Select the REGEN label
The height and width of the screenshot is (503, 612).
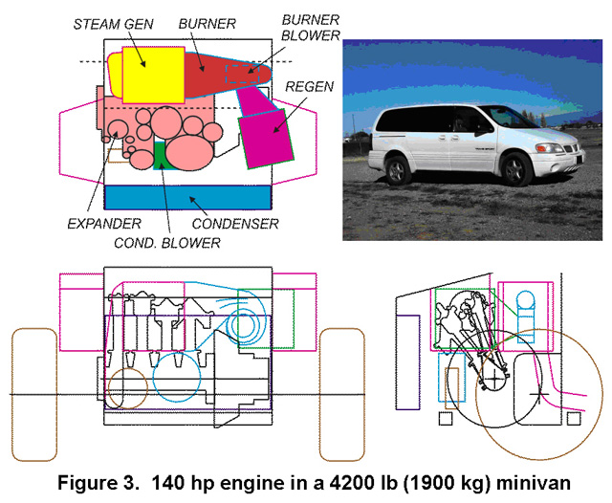coord(309,88)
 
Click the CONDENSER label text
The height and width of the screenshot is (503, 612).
coord(235,225)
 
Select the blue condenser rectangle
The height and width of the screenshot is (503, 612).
coord(189,197)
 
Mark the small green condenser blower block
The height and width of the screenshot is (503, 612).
coord(161,153)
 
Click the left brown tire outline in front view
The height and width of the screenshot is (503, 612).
coord(33,392)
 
